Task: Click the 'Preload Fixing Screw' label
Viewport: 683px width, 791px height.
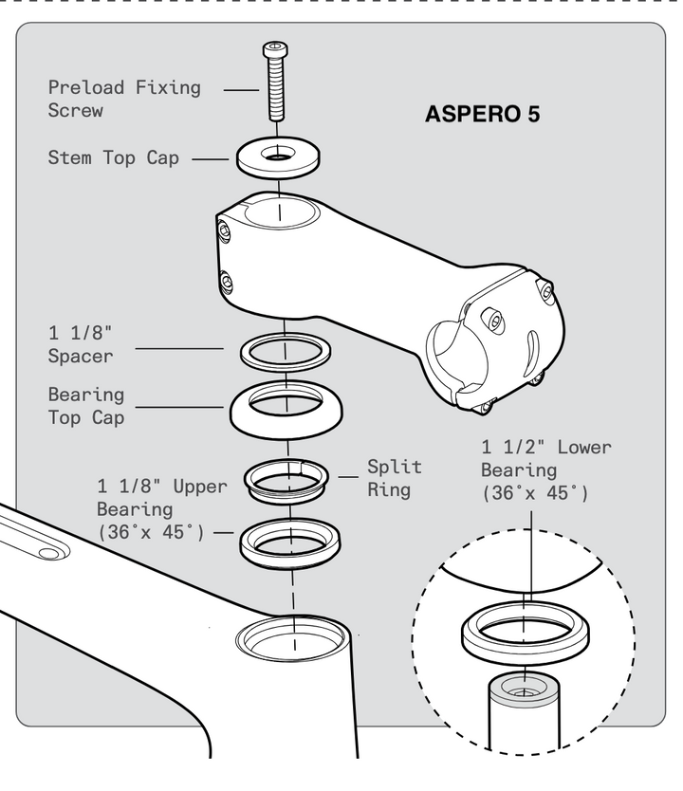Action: [x=124, y=99]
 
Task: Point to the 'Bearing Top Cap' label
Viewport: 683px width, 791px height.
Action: [x=86, y=405]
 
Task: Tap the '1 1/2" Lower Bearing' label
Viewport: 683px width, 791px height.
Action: [x=545, y=469]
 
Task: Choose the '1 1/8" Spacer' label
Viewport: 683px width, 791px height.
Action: [x=81, y=344]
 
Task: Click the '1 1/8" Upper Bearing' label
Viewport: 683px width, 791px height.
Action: [x=161, y=509]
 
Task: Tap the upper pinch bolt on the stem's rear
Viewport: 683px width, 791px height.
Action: [x=225, y=230]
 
